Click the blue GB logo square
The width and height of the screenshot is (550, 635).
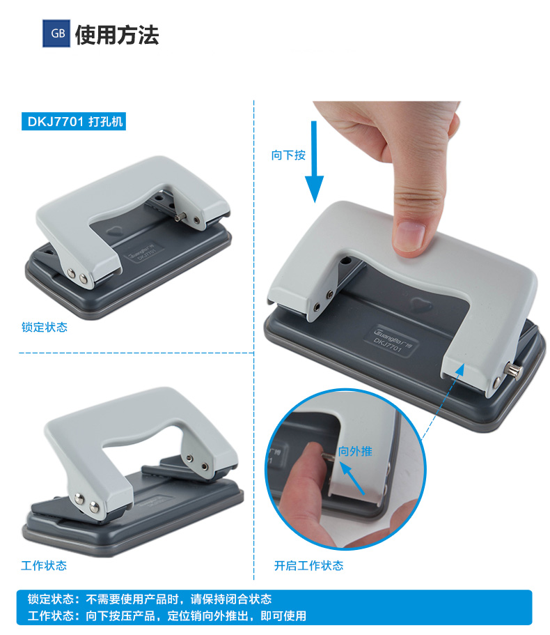tap(56, 33)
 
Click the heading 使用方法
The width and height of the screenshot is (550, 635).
tap(117, 35)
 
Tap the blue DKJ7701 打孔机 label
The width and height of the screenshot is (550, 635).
tap(74, 121)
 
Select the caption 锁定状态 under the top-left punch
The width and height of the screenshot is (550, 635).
tap(45, 327)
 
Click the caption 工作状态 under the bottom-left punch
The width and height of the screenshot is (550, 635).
tap(44, 565)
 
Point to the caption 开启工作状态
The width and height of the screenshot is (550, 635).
tap(308, 566)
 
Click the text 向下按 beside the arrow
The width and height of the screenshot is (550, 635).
tap(288, 155)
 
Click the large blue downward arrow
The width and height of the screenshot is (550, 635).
tap(314, 162)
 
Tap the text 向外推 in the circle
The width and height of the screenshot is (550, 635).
tap(355, 451)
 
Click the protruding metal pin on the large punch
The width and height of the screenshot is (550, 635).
tap(514, 371)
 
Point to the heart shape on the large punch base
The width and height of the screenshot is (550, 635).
tap(421, 304)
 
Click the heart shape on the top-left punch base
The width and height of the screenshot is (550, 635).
tap(116, 232)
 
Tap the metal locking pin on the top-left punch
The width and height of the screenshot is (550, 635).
tap(180, 217)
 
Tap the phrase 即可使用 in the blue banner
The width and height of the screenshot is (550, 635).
tap(283, 616)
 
